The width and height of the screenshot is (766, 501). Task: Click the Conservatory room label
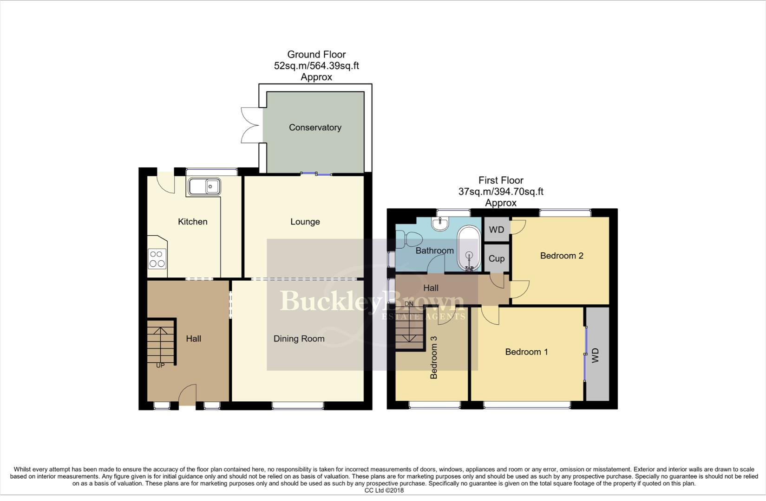point(315,128)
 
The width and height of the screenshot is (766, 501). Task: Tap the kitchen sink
point(204,186)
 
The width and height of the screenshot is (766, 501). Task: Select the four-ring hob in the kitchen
point(157,259)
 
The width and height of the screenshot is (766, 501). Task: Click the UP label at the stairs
point(160,366)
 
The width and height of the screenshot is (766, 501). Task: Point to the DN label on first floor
point(409,304)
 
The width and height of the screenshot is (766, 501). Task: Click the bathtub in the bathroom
point(469,249)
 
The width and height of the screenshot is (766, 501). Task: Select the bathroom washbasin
point(439,224)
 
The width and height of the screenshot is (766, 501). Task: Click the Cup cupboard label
point(496,259)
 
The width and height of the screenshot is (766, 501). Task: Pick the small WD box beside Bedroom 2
point(496,230)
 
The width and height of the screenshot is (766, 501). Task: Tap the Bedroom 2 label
point(561,256)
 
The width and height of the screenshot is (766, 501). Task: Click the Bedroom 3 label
point(434,357)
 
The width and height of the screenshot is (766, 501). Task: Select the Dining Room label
point(299,339)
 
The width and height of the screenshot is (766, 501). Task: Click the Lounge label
point(305,222)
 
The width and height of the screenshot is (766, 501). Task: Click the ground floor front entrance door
point(187,397)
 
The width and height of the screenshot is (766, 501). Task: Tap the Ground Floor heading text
point(316,55)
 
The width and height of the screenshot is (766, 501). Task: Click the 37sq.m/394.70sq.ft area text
point(501,192)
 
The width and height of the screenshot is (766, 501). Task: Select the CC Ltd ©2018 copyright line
point(384,490)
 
